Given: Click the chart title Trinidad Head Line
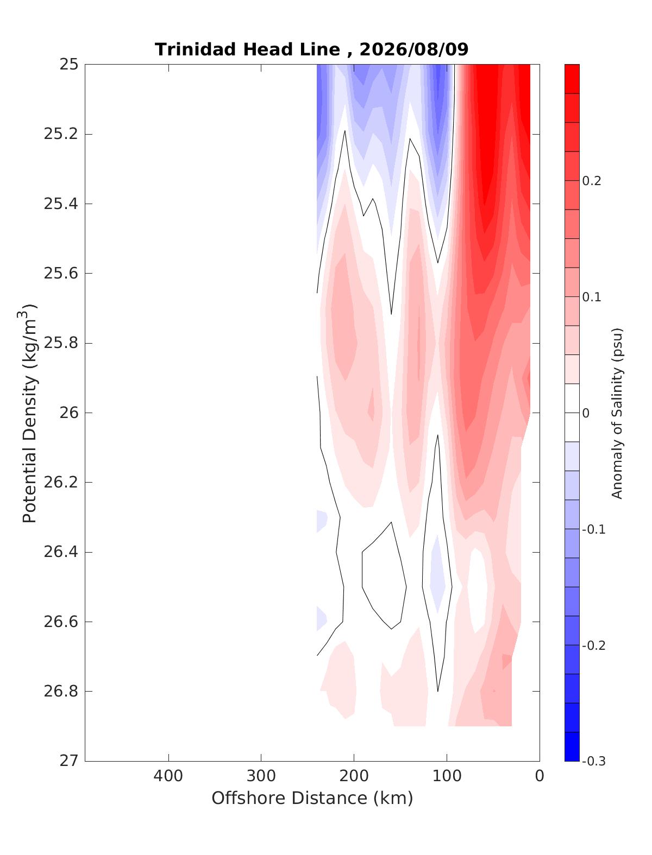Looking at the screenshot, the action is pyautogui.click(x=247, y=49).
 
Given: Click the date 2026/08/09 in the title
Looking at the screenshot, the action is pyautogui.click(x=413, y=49).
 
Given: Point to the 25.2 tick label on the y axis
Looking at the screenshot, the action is pyautogui.click(x=61, y=134).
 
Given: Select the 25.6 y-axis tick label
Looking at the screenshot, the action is pyautogui.click(x=61, y=274).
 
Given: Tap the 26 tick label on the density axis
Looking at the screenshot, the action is pyautogui.click(x=68, y=413).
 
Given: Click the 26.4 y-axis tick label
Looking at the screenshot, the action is pyautogui.click(x=61, y=552).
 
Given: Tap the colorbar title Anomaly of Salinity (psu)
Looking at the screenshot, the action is pyautogui.click(x=617, y=413).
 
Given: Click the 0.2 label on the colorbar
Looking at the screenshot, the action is pyautogui.click(x=592, y=181).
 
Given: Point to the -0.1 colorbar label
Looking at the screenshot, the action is pyautogui.click(x=593, y=529).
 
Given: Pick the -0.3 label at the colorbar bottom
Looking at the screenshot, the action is pyautogui.click(x=593, y=761).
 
